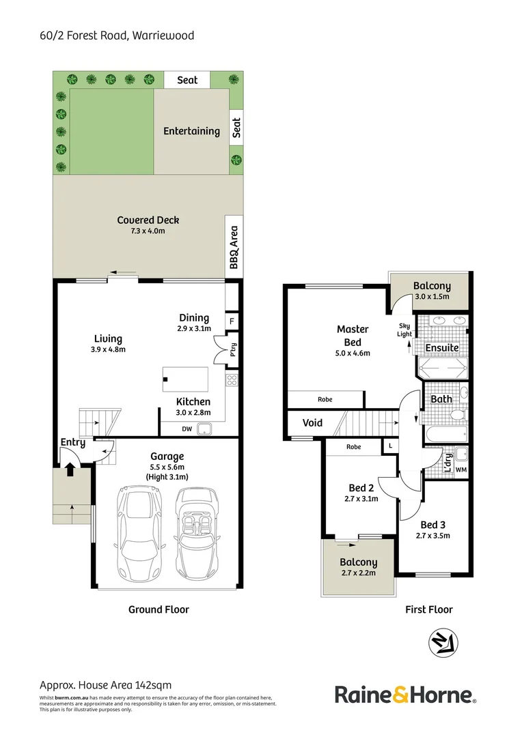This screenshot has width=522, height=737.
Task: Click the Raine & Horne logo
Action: coord(405,695)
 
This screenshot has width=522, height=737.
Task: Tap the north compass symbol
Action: coord(443,644)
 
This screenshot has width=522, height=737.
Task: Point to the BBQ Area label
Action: coord(234,247)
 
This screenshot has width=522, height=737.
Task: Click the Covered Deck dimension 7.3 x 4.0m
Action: coord(148,231)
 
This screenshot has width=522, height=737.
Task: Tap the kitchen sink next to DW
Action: coord(203,429)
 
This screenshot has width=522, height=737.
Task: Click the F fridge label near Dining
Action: coord(232,320)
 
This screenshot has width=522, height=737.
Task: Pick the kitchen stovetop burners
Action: coord(232,381)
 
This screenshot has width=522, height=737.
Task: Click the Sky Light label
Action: coord(404,330)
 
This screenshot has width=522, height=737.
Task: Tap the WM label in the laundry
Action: coord(461,469)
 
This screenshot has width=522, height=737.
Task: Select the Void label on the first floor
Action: coord(312,423)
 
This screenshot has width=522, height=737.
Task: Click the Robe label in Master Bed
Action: coord(325,399)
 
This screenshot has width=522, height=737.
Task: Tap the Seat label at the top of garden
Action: coord(187,80)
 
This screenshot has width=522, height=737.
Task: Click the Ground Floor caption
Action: coord(159,609)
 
